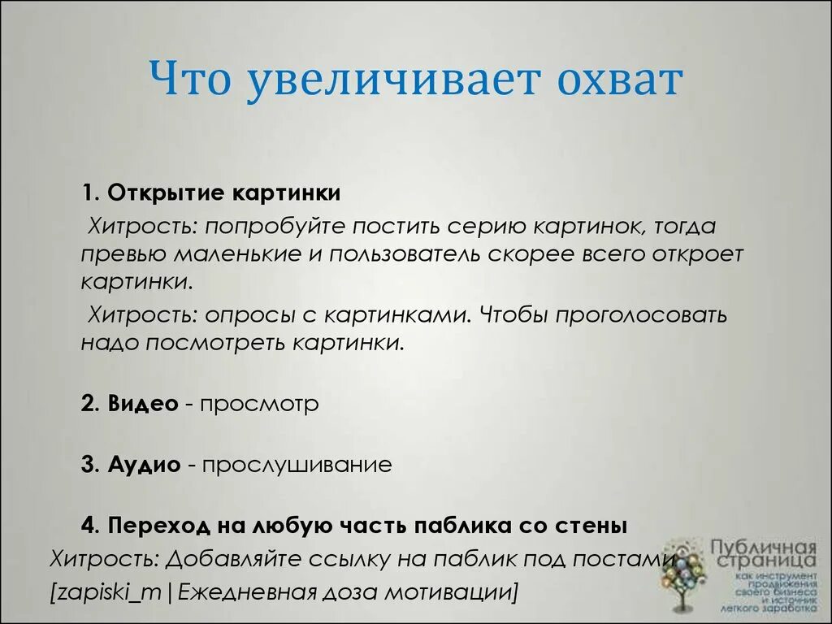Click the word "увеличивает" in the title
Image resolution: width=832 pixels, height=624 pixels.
point(394,81)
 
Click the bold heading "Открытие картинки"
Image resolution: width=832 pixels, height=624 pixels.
point(223,194)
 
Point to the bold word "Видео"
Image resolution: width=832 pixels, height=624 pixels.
point(142,404)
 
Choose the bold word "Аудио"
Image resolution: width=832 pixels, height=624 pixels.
point(143,465)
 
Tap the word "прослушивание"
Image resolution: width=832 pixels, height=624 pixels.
point(297,465)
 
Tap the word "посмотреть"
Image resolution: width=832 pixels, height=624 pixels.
point(214,342)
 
